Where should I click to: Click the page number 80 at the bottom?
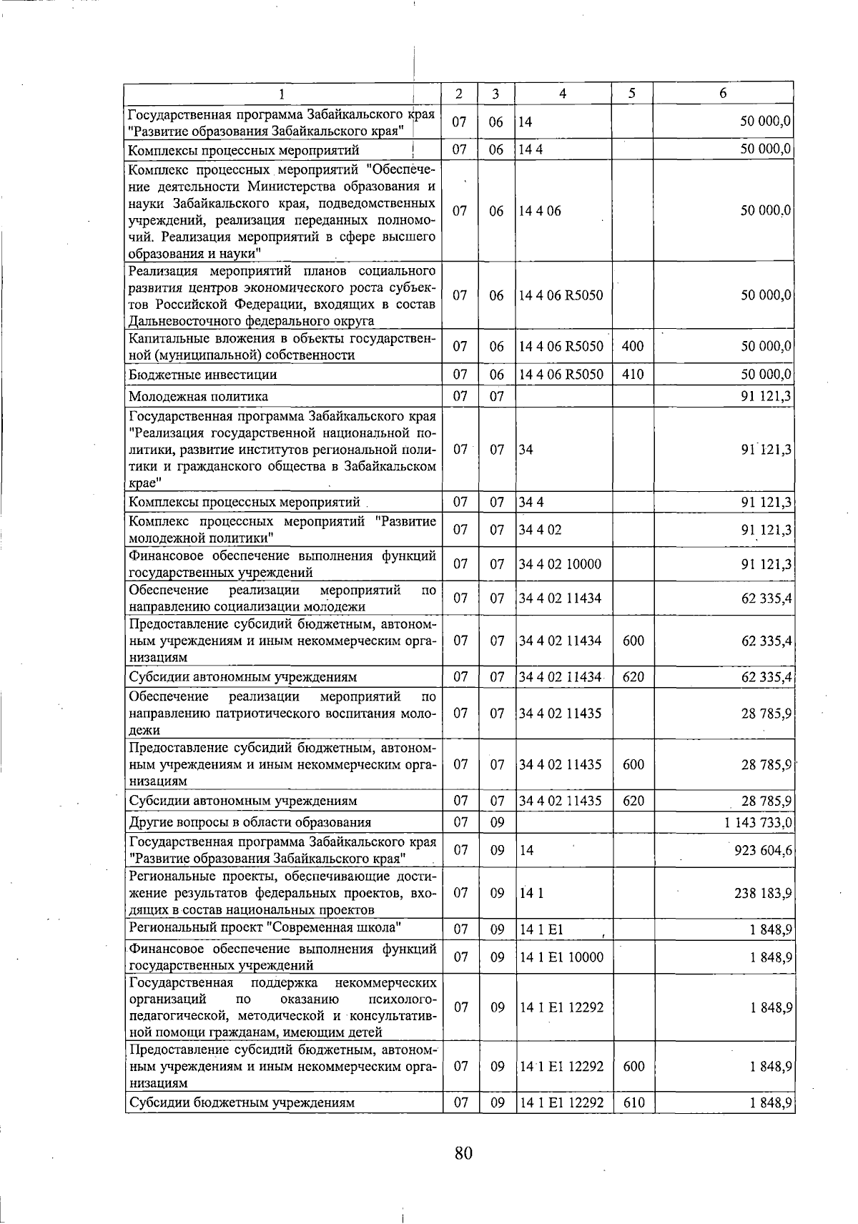(x=463, y=1153)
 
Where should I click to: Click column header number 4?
(x=563, y=94)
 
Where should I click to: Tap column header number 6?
(x=723, y=94)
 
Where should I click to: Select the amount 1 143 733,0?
(x=758, y=822)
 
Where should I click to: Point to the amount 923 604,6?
(x=762, y=850)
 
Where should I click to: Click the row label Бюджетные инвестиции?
(x=202, y=375)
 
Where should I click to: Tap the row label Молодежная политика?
(x=198, y=396)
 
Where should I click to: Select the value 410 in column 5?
(x=633, y=375)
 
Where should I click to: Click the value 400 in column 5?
(x=633, y=347)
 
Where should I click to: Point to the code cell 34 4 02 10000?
(x=561, y=564)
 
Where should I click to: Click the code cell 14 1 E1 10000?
(x=561, y=957)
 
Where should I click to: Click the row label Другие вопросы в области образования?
(x=250, y=822)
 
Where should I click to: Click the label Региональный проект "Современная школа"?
(x=264, y=928)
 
